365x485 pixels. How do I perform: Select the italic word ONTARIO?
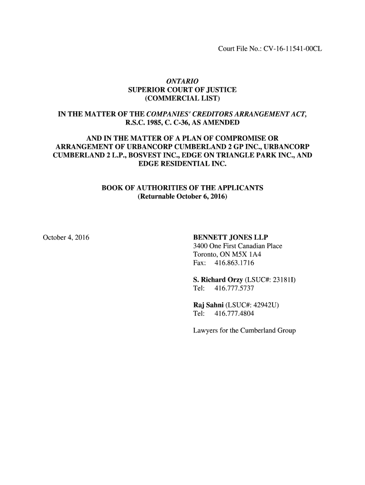(182, 81)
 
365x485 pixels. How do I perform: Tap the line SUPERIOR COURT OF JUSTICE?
(182, 90)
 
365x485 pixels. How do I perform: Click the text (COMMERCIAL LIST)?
(182, 99)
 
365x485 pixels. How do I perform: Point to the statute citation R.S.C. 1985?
(143, 123)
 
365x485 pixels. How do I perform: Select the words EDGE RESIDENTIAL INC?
(182, 164)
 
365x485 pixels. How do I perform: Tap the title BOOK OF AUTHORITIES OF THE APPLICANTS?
(182, 188)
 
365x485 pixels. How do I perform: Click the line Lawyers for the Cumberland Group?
(244, 330)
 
